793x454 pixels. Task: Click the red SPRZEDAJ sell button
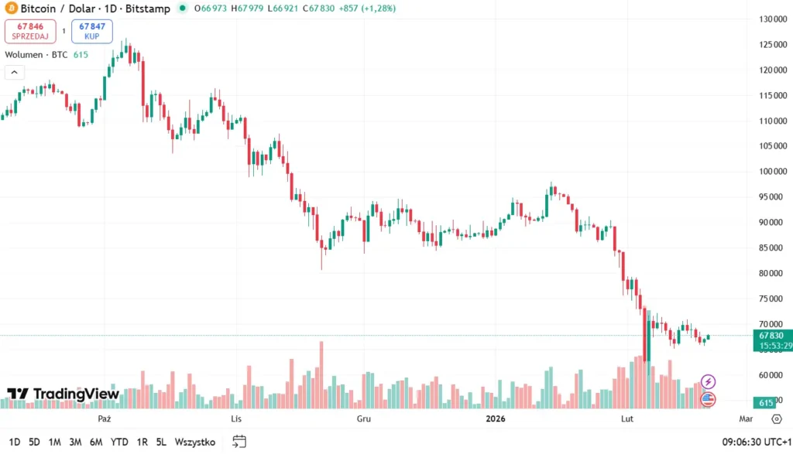point(30,31)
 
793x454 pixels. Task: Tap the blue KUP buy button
point(92,31)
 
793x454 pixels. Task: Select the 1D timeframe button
point(15,442)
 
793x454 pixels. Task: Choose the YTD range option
point(119,442)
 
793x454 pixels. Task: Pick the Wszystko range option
point(194,442)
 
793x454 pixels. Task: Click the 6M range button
point(96,442)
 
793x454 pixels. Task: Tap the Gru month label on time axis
point(363,418)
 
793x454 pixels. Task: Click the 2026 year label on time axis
point(496,418)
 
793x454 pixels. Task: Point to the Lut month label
point(628,418)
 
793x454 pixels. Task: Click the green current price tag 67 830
point(771,336)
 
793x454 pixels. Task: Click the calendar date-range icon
point(239,442)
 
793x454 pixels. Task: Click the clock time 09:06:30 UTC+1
point(755,442)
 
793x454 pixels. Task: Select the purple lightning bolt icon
point(708,381)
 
